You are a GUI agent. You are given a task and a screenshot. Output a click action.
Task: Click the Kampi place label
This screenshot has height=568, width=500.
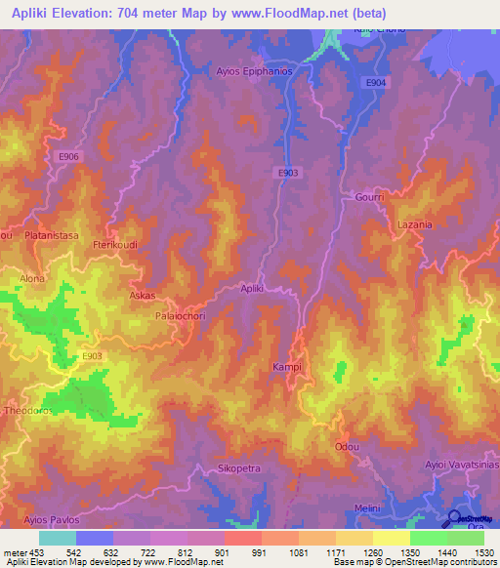(286, 367)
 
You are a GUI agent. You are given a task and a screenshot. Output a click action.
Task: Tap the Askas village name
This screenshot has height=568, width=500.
(143, 294)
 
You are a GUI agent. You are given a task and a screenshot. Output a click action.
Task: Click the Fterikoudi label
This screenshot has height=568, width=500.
(111, 245)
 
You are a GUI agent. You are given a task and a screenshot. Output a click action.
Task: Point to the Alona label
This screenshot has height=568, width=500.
(32, 278)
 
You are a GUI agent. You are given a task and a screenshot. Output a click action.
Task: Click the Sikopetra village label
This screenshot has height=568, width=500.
(238, 468)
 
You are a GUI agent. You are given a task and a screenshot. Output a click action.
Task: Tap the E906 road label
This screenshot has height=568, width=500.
(68, 157)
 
